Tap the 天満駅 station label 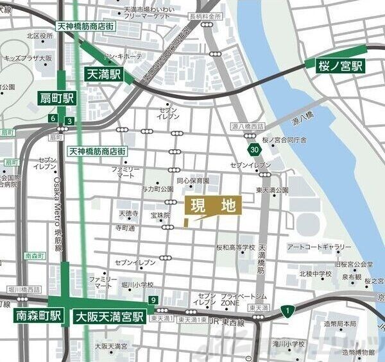(x=105, y=75)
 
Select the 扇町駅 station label (x=55, y=99)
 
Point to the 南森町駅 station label (x=38, y=316)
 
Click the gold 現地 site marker (x=213, y=206)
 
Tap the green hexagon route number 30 (x=255, y=149)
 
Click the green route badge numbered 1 (x=289, y=311)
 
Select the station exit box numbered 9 (x=153, y=300)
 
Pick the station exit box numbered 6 (x=52, y=119)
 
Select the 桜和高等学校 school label (x=235, y=247)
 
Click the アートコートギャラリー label (x=319, y=247)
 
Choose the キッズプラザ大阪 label (x=28, y=58)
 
